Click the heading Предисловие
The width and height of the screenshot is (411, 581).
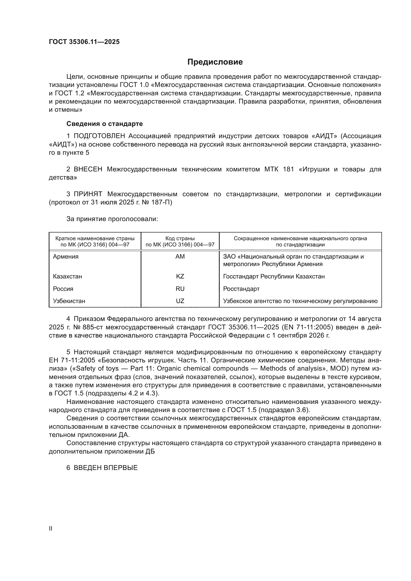(x=215, y=62)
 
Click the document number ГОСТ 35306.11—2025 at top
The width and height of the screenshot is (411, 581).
(x=84, y=42)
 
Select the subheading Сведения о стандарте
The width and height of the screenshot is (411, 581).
(x=105, y=124)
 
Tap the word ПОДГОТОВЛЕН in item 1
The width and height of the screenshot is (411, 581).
(x=99, y=136)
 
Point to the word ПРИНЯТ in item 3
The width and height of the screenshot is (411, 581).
(x=88, y=194)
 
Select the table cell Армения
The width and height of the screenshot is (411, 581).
(x=66, y=257)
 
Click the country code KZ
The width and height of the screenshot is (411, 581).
(x=180, y=276)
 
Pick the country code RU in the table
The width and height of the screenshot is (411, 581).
(x=180, y=289)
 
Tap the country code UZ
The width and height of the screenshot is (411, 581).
(x=180, y=301)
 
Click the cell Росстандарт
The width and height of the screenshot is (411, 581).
(x=241, y=289)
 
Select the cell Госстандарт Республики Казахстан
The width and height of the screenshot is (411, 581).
(x=274, y=276)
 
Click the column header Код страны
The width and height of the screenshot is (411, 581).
(x=180, y=238)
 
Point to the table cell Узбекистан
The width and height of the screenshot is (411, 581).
(x=69, y=301)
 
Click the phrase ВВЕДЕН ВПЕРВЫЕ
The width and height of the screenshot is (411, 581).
(x=106, y=468)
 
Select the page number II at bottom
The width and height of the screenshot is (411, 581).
(x=51, y=528)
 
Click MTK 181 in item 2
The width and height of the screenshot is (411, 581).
(x=279, y=169)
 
